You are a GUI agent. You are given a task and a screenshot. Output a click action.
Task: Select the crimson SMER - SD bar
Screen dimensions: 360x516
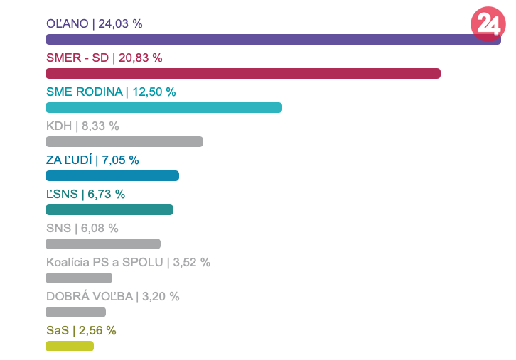coord(243,74)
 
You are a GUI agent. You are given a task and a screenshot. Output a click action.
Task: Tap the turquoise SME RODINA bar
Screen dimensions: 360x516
coord(164,108)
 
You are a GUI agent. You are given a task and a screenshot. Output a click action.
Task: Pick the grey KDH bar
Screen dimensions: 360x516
coord(124,142)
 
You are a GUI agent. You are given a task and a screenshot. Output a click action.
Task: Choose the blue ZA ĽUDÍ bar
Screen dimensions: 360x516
coord(112,176)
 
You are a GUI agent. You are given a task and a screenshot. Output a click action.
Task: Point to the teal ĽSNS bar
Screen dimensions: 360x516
coord(109,210)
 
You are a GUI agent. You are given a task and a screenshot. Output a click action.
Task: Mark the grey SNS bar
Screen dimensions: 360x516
coord(103,244)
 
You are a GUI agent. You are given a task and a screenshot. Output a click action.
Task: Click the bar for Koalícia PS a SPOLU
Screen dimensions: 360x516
coord(79,278)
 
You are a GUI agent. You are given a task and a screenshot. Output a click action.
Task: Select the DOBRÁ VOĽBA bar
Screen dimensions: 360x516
coord(76,312)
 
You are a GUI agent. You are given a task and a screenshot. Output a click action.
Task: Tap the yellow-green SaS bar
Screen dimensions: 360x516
coord(70,347)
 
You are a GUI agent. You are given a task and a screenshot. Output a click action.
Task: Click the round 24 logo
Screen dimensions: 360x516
coord(488,24)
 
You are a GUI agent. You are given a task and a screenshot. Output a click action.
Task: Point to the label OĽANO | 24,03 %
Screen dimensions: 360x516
coord(94,23)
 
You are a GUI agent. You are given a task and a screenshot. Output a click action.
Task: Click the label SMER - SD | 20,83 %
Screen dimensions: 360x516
coord(104,58)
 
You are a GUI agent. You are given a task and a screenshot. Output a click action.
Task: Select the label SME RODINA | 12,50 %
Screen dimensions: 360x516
coord(111,92)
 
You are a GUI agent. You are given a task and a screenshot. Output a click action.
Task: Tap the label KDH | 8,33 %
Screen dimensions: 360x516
coord(82,126)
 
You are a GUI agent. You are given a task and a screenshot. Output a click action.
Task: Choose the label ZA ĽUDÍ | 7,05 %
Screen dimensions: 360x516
coord(92,160)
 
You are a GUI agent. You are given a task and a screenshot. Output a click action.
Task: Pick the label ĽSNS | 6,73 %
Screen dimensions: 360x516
coord(85,194)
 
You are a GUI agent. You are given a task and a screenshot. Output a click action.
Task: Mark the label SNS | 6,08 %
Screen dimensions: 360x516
coord(82,228)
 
